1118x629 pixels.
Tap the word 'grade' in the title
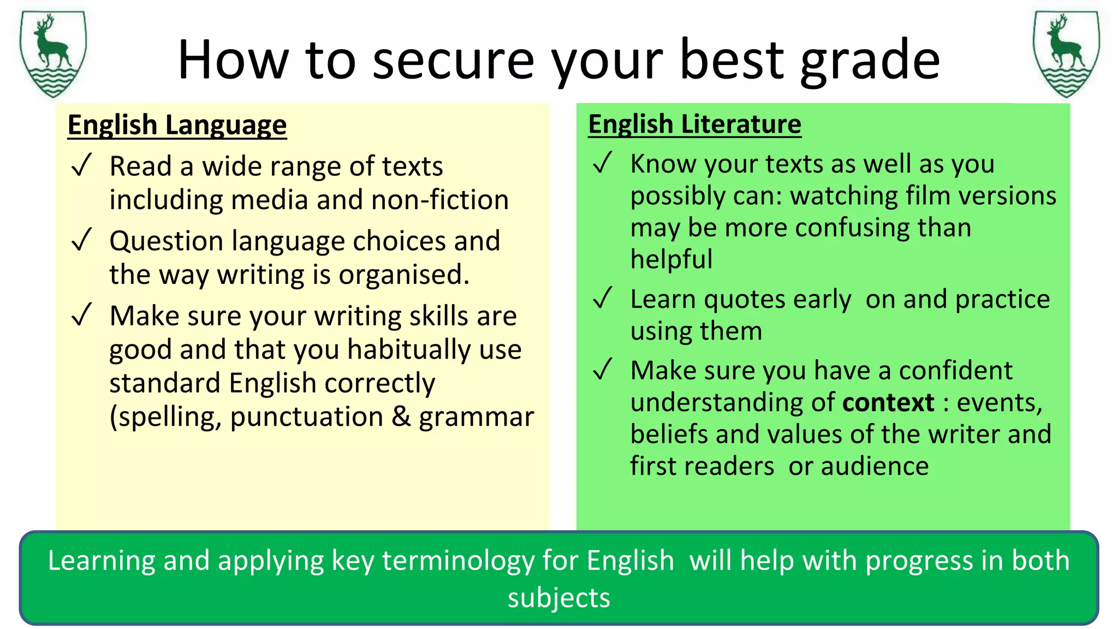coord(870,61)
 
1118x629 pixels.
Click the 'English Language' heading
coord(177,125)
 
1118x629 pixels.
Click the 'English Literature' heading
coord(694,124)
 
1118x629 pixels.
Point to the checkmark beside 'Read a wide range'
coord(81,165)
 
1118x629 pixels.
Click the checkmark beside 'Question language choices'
coord(81,240)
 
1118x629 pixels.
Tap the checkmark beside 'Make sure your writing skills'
coord(81,315)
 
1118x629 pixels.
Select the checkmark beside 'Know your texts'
coord(603,163)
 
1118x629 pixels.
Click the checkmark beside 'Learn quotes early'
coord(603,299)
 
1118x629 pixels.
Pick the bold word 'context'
coord(888,402)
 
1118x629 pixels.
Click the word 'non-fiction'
coord(440,200)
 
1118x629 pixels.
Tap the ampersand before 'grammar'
coord(401,417)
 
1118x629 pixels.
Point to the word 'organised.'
coord(404,275)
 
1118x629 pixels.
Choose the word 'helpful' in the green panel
coord(671,259)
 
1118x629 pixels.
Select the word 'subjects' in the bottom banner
coord(558,598)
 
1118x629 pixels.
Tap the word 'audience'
coord(875,466)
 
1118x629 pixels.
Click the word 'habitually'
coord(409,350)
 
